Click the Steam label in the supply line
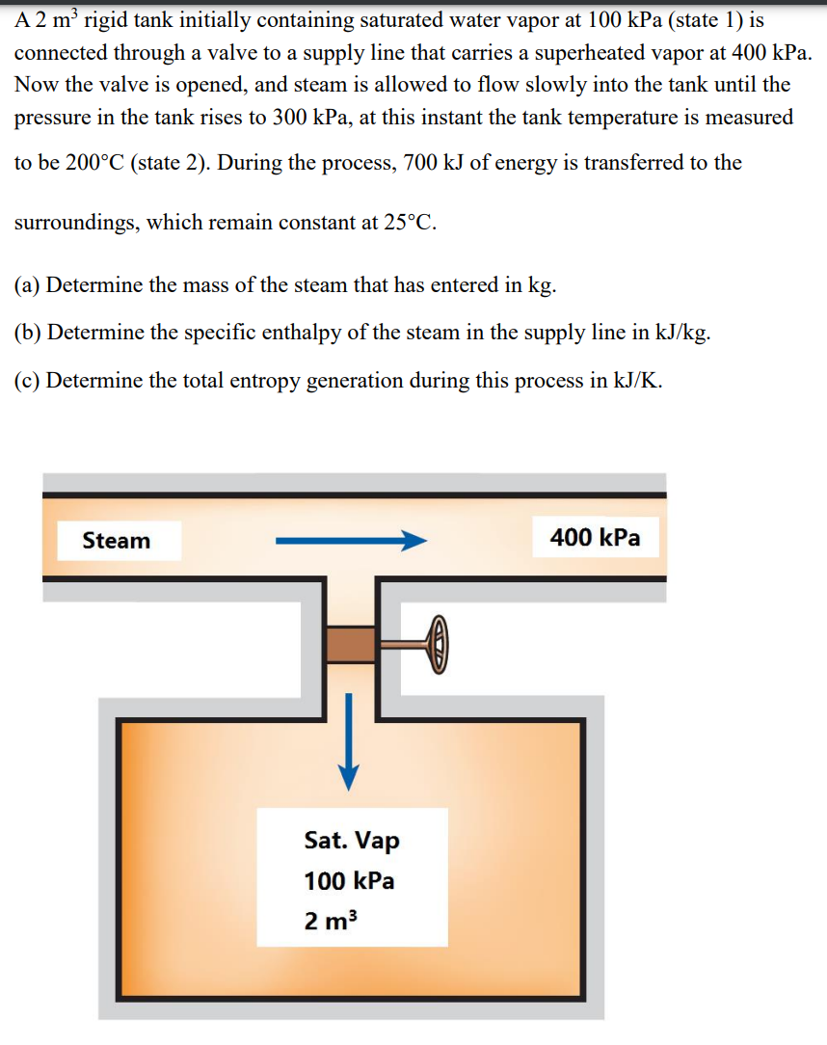click(x=117, y=540)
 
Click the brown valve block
click(x=350, y=644)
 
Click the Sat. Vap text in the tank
click(x=352, y=841)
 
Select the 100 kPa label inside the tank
click(x=349, y=881)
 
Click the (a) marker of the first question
click(x=28, y=285)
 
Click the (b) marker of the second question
click(x=29, y=333)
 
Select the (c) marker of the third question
click(x=28, y=380)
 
